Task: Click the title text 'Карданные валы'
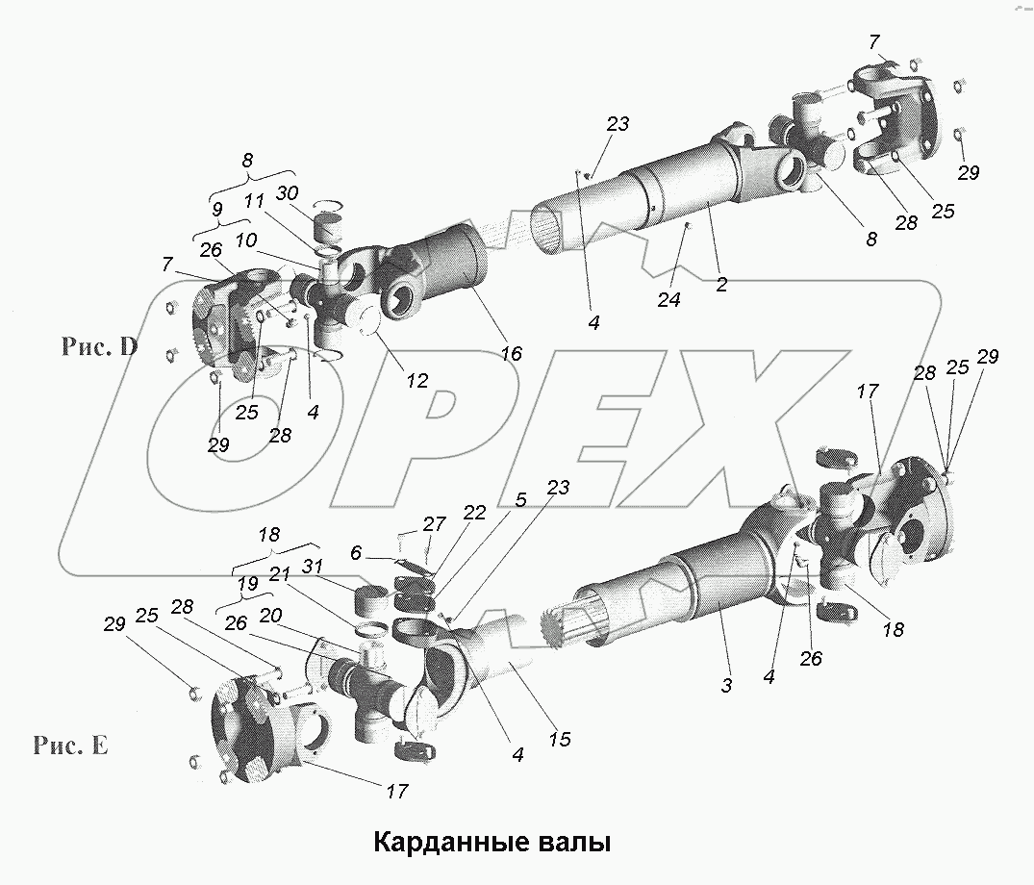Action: coord(491,844)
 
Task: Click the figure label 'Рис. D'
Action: coord(100,348)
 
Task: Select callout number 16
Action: coord(511,354)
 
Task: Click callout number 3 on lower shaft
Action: coord(727,685)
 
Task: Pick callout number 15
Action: coord(559,739)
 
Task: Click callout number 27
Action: coord(435,523)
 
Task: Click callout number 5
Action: coord(521,500)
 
